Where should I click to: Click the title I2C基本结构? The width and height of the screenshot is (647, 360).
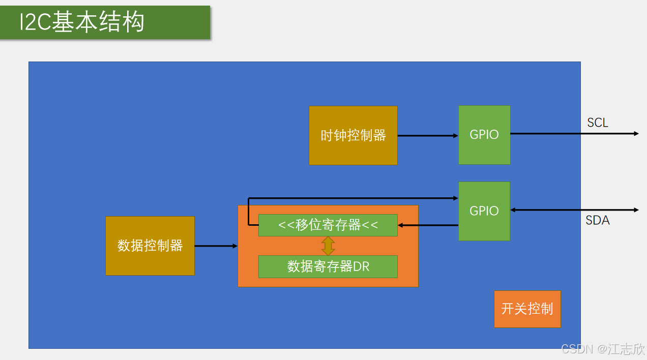[x=82, y=22]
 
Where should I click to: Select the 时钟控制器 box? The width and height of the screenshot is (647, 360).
[x=353, y=135]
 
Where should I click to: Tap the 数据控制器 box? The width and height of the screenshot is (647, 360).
[x=150, y=246]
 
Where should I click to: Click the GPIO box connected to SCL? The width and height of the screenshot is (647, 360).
[x=484, y=135]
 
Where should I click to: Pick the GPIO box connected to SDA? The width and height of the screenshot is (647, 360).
[x=484, y=211]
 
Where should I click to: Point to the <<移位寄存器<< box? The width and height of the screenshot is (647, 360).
[x=328, y=225]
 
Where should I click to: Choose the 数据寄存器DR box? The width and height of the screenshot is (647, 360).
[x=328, y=266]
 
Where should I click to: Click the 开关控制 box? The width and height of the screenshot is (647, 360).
[x=527, y=309]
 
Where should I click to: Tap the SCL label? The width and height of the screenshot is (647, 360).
[x=598, y=123]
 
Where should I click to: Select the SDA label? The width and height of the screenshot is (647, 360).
[x=598, y=220]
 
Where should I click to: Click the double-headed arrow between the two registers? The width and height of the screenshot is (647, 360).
[x=328, y=246]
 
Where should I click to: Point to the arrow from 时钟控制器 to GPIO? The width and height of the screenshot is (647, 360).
[x=427, y=136]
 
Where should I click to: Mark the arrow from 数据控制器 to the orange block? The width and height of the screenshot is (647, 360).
[x=216, y=246]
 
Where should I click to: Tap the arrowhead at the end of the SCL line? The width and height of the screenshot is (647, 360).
[x=636, y=134]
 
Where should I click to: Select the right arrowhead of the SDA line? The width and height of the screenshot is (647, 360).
[x=636, y=210]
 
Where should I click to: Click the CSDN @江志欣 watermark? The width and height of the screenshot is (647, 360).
[x=603, y=349]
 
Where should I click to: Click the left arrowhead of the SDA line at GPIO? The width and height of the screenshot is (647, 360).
[x=513, y=210]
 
